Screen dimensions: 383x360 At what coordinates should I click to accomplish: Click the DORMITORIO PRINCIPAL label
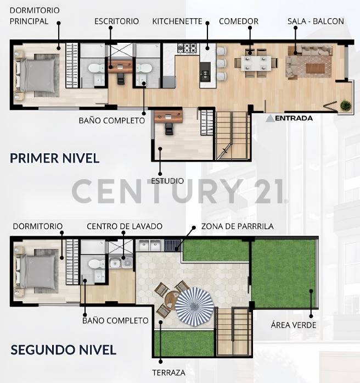(x=35, y=16)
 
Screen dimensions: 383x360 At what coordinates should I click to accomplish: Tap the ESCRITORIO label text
(x=116, y=21)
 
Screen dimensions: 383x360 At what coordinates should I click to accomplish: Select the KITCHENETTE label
(x=177, y=21)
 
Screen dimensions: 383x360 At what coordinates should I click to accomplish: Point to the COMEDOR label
(x=238, y=21)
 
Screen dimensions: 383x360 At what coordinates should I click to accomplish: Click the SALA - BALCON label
(x=316, y=21)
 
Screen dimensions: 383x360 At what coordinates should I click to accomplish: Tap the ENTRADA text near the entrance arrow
(x=294, y=118)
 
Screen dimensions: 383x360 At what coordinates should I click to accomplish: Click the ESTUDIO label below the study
(x=167, y=180)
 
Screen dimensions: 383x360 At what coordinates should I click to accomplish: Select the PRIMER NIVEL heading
(x=54, y=158)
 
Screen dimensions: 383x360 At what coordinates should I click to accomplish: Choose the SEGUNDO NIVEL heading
(x=63, y=349)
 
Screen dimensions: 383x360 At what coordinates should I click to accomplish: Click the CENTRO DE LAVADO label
(x=124, y=226)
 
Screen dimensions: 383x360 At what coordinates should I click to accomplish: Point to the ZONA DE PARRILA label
(x=237, y=226)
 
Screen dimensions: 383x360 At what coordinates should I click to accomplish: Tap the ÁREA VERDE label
(x=294, y=325)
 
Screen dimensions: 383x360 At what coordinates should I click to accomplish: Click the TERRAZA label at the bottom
(x=168, y=373)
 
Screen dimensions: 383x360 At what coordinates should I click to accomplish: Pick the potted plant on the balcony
(x=345, y=105)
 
